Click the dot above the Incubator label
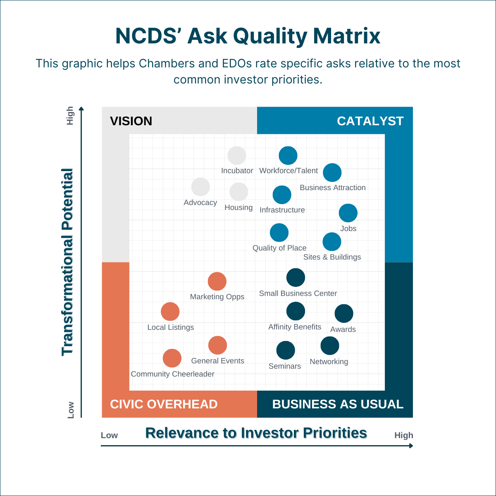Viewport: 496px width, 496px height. pos(237,156)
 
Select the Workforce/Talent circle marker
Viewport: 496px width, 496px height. pos(288,156)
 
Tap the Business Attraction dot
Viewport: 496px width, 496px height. pos(332,173)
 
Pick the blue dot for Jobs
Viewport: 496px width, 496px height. pos(348,213)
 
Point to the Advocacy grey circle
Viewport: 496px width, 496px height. pos(200,187)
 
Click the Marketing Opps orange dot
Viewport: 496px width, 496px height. pos(217,281)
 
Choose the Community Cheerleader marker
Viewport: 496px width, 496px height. pos(172,358)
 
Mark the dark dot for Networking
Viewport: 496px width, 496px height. pos(330,346)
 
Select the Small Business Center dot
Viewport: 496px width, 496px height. pos(296,277)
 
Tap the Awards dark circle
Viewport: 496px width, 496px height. pos(344,314)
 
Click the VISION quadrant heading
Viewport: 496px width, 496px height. pos(131,121)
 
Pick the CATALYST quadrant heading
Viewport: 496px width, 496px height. pos(370,121)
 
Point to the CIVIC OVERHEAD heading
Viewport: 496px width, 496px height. pos(164,404)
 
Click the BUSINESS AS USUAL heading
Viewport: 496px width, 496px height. pos(338,404)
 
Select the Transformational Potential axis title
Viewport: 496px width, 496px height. pos(67,262)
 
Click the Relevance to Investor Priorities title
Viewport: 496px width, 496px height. pos(256,433)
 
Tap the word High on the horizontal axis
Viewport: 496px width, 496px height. pos(403,435)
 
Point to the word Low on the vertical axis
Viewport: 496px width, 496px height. pos(71,410)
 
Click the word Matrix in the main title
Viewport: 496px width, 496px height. pos(346,36)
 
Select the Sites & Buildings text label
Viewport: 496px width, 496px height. pos(332,257)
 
